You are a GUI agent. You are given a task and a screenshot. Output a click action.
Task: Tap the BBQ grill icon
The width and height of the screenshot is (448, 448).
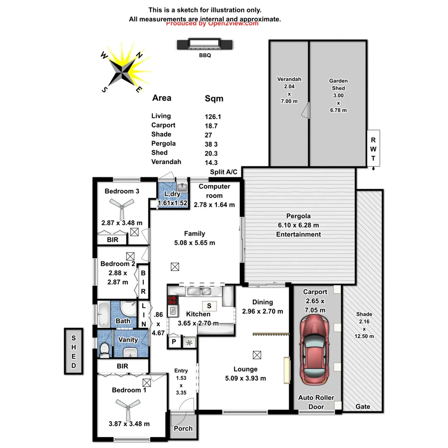click(x=205, y=44)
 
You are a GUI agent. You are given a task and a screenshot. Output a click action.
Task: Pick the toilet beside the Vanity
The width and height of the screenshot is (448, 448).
click(x=105, y=349)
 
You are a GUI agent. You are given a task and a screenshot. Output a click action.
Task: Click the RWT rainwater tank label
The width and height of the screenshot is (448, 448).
click(x=373, y=148)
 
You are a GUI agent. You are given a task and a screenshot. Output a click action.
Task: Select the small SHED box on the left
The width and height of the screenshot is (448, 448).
click(x=74, y=351)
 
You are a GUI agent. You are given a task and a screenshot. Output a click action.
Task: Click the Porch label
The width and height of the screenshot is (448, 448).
click(x=183, y=428)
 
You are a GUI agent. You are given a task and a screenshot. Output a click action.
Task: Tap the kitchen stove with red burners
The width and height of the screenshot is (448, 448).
click(x=172, y=300)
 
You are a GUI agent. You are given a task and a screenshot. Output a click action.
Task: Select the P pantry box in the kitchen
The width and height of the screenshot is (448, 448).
click(x=173, y=342)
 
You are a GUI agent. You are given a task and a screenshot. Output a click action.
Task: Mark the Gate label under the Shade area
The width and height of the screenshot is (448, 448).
click(x=363, y=407)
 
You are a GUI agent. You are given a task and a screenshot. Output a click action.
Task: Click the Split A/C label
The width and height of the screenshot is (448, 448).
click(x=224, y=172)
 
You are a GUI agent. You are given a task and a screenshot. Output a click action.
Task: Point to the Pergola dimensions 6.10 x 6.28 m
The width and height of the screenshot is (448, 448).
click(x=299, y=225)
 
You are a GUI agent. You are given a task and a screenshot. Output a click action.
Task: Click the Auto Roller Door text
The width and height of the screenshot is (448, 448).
click(x=316, y=402)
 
